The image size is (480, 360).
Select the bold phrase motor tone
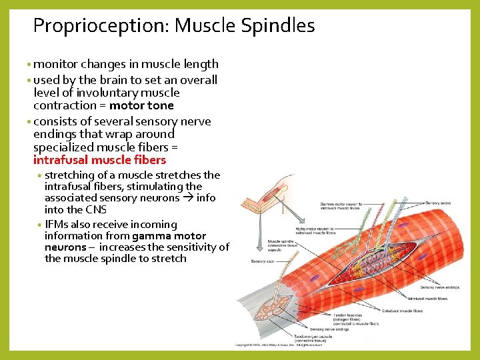(x=141, y=106)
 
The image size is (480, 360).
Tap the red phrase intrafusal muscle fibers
(x=99, y=160)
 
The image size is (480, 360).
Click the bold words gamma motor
(x=169, y=236)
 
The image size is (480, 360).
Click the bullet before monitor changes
(x=29, y=65)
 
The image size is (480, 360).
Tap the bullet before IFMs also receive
(x=40, y=225)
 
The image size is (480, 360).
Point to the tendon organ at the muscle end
(x=274, y=308)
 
